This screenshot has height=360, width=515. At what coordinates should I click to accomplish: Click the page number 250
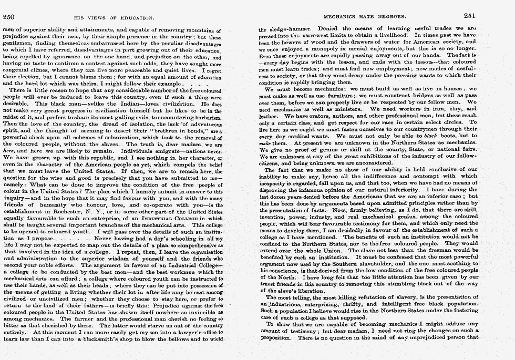pyautogui.click(x=9, y=16)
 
